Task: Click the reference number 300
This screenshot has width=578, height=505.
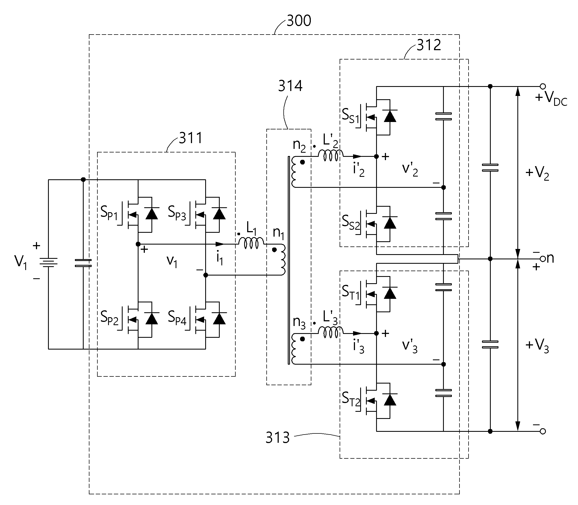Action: point(299,21)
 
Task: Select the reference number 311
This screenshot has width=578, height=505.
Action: point(191,138)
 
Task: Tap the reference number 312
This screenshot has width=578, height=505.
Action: point(429,45)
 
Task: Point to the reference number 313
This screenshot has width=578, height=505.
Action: point(278,438)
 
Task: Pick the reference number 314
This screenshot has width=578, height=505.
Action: point(291,86)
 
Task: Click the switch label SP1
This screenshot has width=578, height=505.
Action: point(109,213)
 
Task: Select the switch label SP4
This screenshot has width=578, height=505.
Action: point(177,318)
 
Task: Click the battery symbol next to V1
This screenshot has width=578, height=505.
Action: point(49,262)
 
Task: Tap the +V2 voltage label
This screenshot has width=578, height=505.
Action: point(537,173)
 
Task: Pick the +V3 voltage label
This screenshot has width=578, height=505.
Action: point(537,346)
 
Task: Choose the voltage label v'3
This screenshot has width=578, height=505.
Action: point(410,346)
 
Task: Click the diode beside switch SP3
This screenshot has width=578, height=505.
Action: point(219,214)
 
